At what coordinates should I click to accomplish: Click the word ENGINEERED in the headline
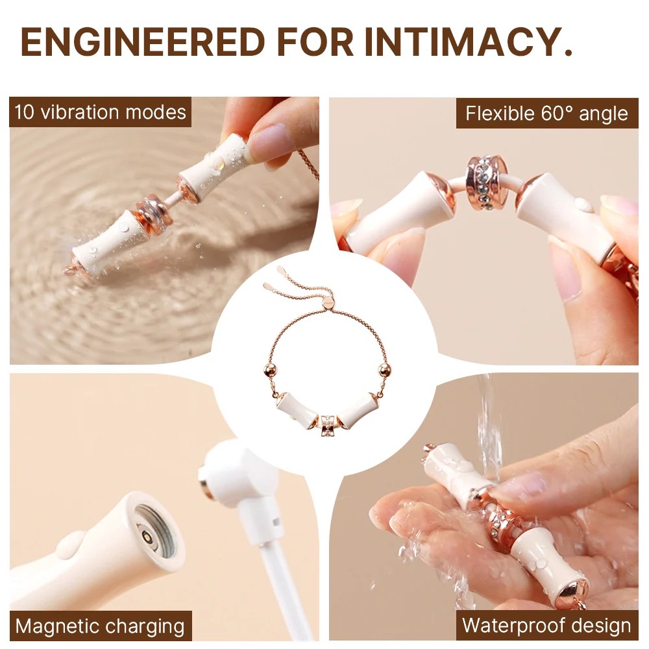143,42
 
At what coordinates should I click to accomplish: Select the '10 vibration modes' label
100,112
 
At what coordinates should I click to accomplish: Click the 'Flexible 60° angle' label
546,113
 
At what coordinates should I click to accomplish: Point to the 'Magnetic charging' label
100,626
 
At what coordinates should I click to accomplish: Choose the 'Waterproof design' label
546,626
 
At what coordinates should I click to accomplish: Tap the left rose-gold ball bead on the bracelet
269,369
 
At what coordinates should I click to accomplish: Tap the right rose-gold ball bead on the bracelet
386,369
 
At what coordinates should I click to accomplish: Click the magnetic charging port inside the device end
146,537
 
